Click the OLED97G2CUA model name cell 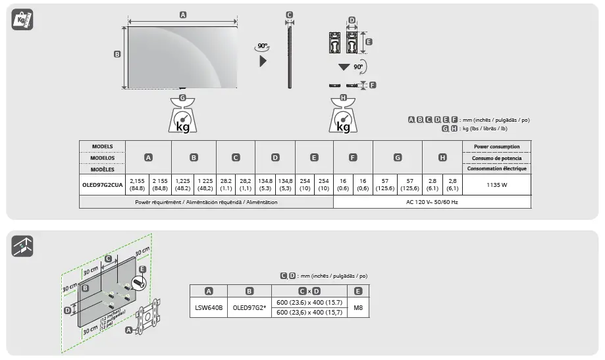(x=102, y=186)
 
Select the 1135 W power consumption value (x=496, y=186)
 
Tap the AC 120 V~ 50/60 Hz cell (x=432, y=202)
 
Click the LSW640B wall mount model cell (x=209, y=307)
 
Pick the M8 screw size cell (x=357, y=307)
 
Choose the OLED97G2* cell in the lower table (x=249, y=307)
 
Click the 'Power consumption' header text (x=496, y=146)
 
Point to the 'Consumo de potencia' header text (x=496, y=158)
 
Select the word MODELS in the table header (x=102, y=146)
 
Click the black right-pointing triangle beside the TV (x=263, y=61)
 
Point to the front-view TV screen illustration (x=182, y=58)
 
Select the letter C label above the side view (x=289, y=14)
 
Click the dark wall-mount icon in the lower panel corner (x=22, y=246)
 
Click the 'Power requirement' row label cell (x=206, y=202)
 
